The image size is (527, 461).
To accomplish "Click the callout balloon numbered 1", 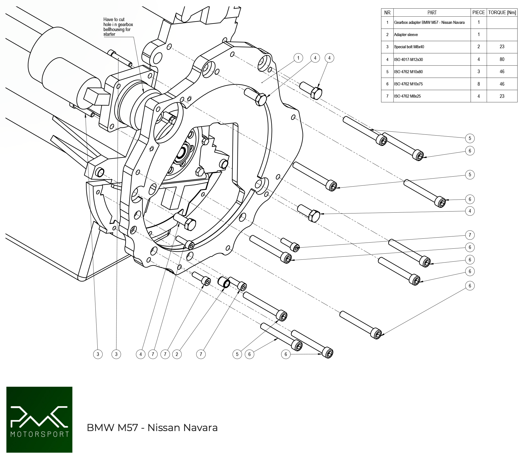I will click(298, 58).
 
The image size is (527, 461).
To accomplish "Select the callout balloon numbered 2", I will click(177, 354).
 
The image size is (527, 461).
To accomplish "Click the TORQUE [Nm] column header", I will click(502, 12).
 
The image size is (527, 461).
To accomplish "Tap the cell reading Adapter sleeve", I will click(406, 35).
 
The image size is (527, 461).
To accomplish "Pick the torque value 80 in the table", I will click(502, 59).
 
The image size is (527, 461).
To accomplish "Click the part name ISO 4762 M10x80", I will click(408, 72).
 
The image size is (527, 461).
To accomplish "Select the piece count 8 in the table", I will click(478, 84).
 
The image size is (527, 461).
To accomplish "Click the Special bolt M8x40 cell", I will click(409, 47).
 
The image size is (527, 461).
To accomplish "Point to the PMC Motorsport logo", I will click(39, 419).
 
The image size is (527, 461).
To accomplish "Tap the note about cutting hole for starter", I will click(118, 27).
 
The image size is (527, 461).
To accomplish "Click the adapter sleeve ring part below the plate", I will click(224, 282).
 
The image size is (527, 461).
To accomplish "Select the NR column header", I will click(387, 12).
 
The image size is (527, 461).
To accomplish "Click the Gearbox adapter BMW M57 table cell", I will click(429, 22).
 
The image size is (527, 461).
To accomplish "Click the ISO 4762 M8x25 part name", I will click(407, 96).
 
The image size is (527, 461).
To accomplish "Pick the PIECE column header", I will click(478, 12).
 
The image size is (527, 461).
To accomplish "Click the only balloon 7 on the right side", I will click(470, 235).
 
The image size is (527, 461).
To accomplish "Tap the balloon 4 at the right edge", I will click(470, 211).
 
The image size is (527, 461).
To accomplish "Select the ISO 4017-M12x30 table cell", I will click(408, 60).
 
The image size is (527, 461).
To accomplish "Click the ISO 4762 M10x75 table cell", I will click(408, 84).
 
